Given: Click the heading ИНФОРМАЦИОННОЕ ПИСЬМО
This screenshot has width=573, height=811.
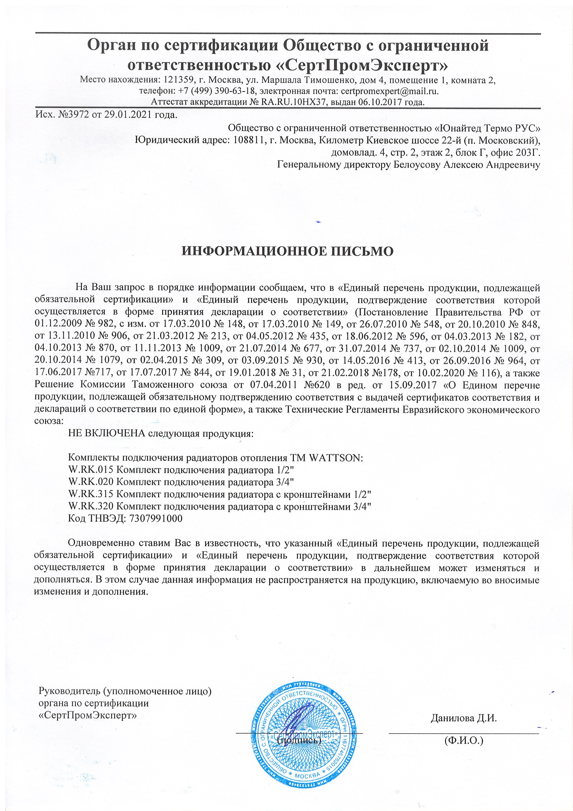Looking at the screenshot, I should click(x=287, y=251).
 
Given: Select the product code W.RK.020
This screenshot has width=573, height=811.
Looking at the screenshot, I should click(x=91, y=482).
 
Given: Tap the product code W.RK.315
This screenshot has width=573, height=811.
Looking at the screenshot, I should click(x=91, y=494).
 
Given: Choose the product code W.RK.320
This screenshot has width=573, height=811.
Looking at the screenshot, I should click(x=91, y=506).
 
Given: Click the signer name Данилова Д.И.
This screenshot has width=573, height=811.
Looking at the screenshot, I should click(x=463, y=708).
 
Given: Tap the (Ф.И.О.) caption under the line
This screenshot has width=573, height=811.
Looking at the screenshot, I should click(x=463, y=730).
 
